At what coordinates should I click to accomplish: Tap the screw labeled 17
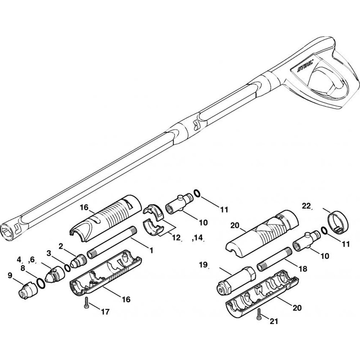click(86, 303)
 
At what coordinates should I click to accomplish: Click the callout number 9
click(10, 275)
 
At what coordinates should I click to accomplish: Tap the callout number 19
click(203, 265)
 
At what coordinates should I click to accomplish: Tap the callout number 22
click(306, 206)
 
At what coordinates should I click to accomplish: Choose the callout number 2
click(61, 246)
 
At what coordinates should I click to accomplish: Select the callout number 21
click(274, 321)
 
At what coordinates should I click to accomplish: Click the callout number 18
click(303, 269)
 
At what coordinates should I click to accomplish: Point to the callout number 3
click(49, 253)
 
